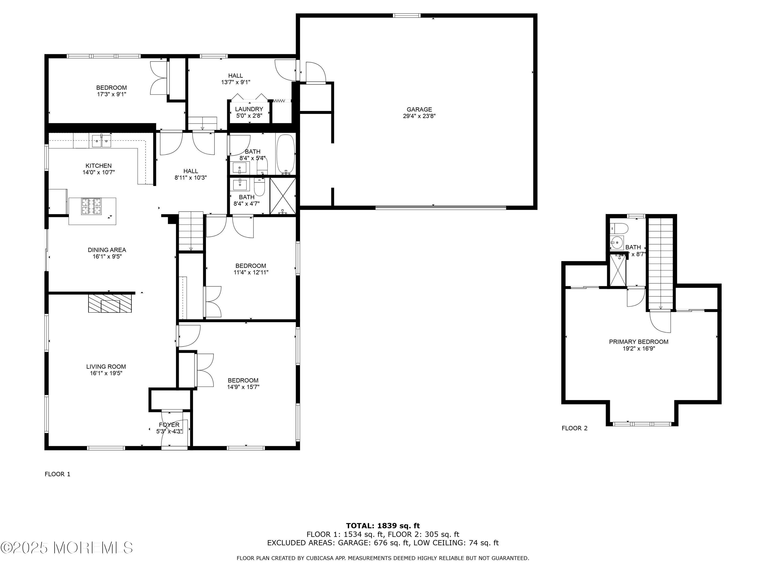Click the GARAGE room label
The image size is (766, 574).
419,109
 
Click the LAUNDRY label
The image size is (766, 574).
249,109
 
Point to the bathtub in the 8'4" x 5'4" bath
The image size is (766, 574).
286,154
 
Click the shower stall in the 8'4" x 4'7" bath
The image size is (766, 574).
283,196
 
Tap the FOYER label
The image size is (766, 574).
169,425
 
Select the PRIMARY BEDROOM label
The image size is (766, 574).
639,342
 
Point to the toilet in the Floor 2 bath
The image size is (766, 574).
619,228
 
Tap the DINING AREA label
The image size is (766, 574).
107,250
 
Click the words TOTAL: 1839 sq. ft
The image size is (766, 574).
383,526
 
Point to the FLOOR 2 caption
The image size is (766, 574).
574,428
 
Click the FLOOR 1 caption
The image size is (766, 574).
57,474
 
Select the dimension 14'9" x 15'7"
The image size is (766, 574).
243,387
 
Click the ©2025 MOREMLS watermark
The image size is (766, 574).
66,547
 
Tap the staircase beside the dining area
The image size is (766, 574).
191,231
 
